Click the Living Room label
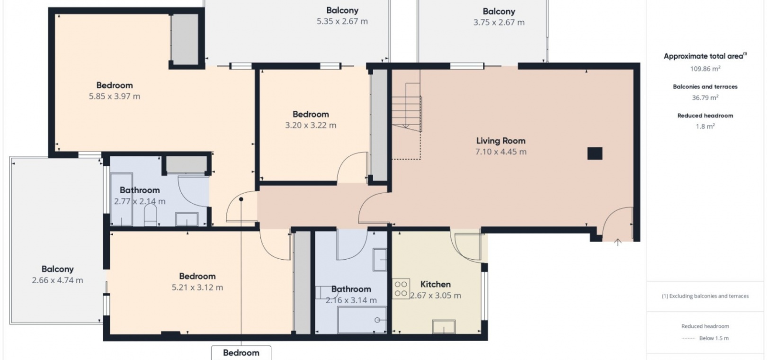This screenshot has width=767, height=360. pos(500,141)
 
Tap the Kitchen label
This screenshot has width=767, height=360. pos(435,284)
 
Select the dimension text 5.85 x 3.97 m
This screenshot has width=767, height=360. pos(115,96)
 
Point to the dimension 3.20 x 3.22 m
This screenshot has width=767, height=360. pos(311,126)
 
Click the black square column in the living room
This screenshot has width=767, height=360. pos(595,153)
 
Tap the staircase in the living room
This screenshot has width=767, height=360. pos(407,107)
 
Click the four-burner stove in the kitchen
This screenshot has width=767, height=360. pos(401,289)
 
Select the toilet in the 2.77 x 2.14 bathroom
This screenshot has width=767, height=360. pos(150,215)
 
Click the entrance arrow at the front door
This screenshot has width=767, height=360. pos(617,243)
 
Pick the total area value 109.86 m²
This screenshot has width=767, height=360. pos(705,69)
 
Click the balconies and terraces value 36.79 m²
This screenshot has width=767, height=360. pos(705,98)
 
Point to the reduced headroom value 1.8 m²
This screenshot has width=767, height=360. pos(705,126)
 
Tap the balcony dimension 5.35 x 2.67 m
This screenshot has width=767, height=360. pos(342,22)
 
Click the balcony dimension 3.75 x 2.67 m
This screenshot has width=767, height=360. pos(499,23)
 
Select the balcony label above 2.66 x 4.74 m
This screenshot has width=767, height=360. pos(58,269)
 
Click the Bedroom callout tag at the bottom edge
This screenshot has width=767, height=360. pos(241,353)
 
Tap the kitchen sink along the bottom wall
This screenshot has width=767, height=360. pos(444,326)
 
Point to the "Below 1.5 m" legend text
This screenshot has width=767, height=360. pos(714,338)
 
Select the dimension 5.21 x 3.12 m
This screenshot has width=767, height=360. pos(197,288)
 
